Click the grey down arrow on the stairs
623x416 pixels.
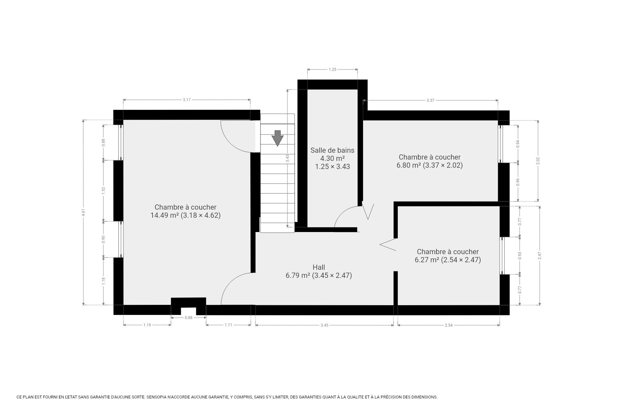click(277, 138)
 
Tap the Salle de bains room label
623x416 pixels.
click(332, 150)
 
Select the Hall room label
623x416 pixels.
click(319, 267)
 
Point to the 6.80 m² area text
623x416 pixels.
click(409, 165)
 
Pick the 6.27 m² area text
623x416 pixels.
click(427, 260)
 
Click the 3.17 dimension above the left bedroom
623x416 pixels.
click(187, 100)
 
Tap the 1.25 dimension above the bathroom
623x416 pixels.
click(333, 69)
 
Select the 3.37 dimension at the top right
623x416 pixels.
click(430, 101)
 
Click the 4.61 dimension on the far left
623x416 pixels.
click(83, 212)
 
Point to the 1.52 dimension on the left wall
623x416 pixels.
click(103, 191)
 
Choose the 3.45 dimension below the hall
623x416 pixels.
click(324, 325)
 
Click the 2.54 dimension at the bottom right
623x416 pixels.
click(449, 325)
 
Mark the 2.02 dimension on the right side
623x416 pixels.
click(538, 161)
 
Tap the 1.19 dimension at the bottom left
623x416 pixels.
click(147, 325)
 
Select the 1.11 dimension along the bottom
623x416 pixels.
click(228, 325)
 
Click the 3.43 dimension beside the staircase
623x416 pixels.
click(287, 158)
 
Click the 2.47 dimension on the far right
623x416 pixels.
click(539, 256)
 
